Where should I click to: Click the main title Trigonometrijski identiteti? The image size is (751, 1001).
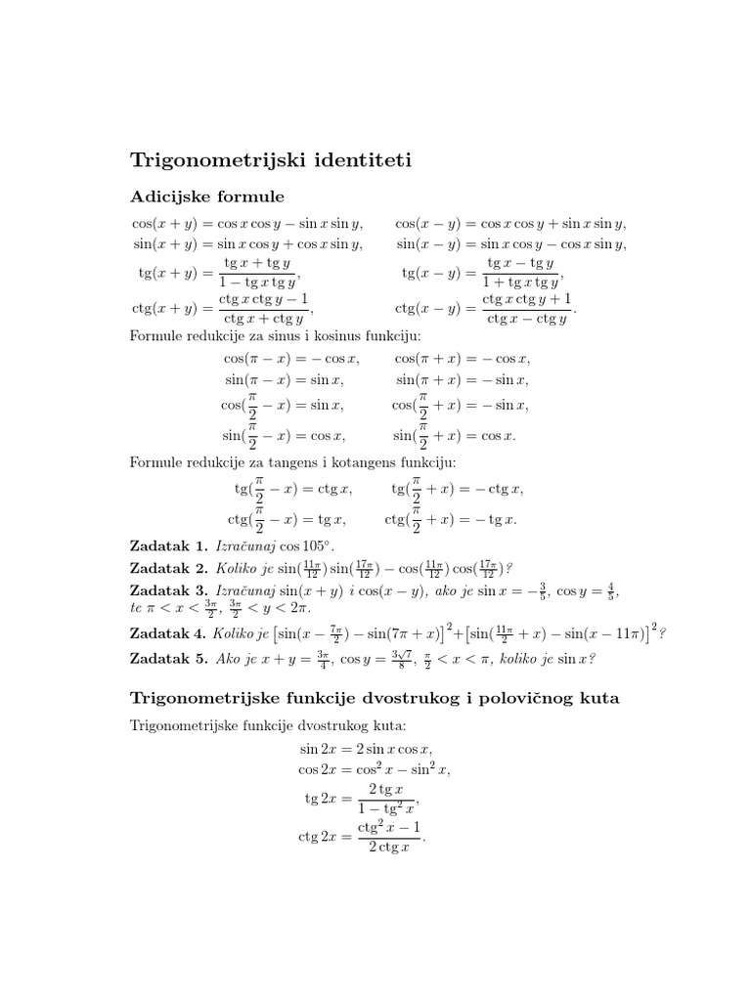272,158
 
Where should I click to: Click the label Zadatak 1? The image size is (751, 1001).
169,545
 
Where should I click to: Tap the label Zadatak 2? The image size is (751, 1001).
169,568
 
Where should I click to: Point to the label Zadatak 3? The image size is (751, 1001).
169,590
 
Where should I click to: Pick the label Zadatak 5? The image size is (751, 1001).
169,659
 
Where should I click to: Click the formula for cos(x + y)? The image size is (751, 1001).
247,223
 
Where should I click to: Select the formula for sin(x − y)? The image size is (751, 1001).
510,243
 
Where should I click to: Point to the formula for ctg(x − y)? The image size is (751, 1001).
486,308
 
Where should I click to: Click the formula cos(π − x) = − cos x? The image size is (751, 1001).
291,359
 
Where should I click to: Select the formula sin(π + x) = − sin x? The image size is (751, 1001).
462,379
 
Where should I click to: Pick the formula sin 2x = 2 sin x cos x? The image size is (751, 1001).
365,749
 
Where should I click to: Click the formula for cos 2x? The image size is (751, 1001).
375,770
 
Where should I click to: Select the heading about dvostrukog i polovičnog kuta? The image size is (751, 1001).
375,699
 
